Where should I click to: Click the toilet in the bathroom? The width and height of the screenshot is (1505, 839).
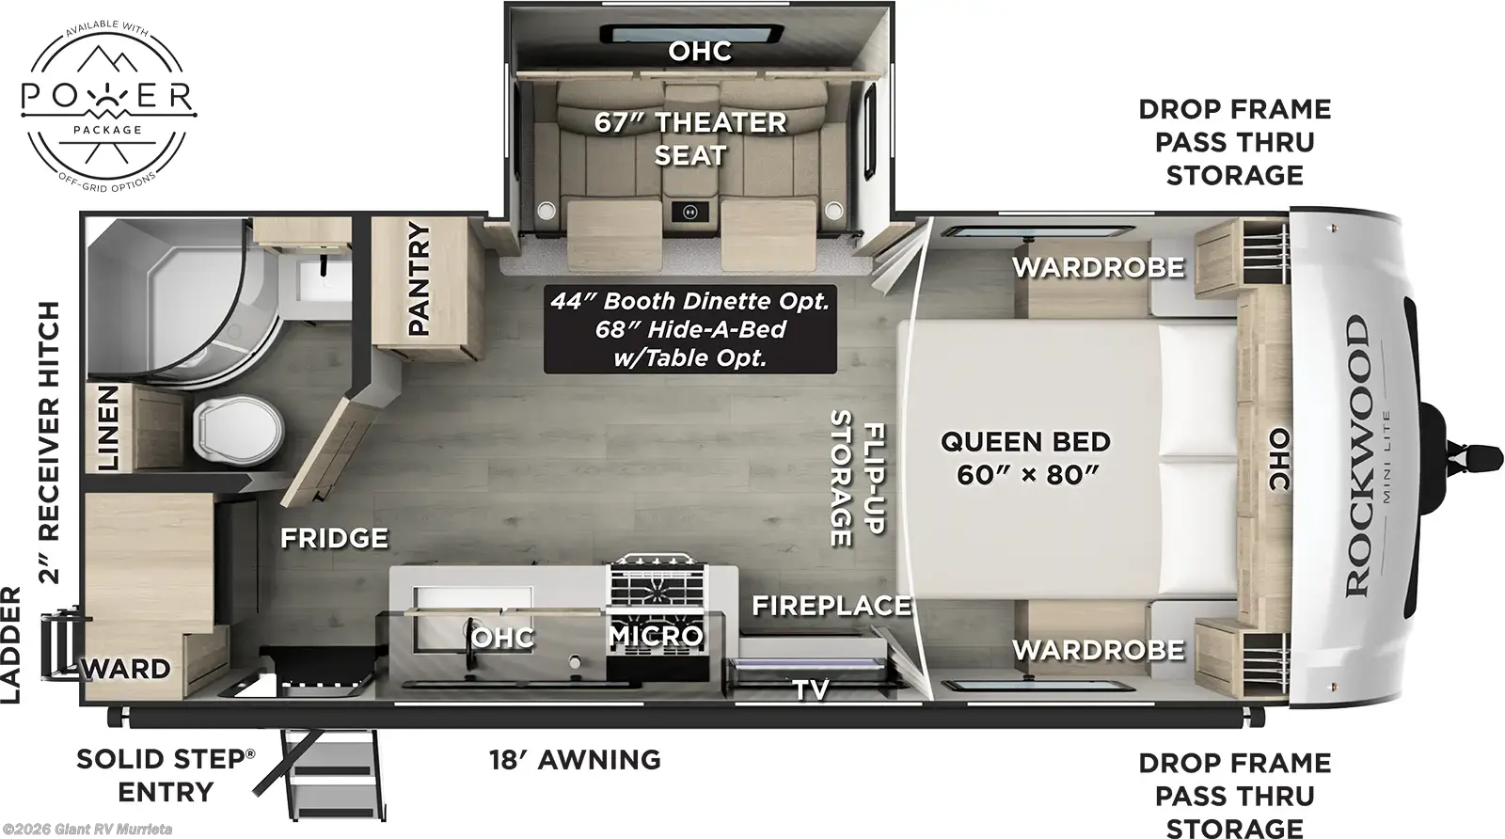238,429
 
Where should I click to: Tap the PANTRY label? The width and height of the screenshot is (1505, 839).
419,278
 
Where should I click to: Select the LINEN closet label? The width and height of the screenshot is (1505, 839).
108,428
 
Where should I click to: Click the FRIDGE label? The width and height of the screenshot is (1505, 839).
334,538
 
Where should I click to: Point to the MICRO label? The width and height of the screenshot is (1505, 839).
657,636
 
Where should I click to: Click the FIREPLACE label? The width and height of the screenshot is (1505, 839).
832,606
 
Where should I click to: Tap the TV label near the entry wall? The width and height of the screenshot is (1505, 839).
811,689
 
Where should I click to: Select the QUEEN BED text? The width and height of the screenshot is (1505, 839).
1025,441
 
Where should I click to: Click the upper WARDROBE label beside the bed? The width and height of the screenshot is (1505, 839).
1099,267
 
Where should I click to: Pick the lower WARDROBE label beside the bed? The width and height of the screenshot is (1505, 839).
1099,650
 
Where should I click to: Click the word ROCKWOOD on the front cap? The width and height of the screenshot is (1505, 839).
1357,456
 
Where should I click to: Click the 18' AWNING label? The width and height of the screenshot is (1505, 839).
575,760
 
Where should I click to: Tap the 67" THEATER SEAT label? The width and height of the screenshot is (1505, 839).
690,138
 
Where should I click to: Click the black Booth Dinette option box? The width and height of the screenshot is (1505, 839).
690,329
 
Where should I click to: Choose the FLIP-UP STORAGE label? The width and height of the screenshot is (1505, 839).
858,478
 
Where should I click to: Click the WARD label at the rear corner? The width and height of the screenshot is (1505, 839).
126,669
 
